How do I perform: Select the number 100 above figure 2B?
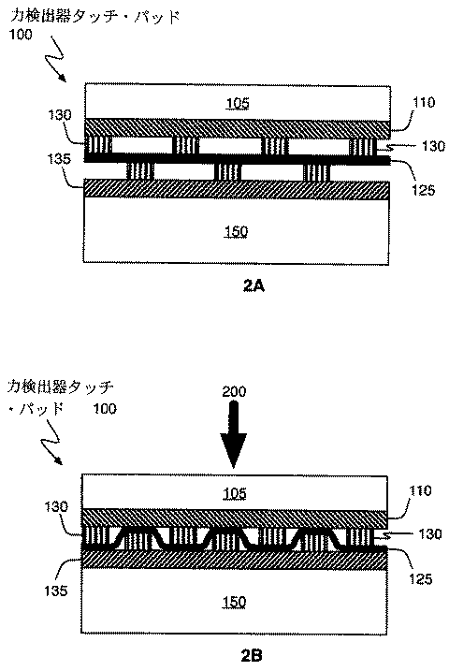coord(104,409)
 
